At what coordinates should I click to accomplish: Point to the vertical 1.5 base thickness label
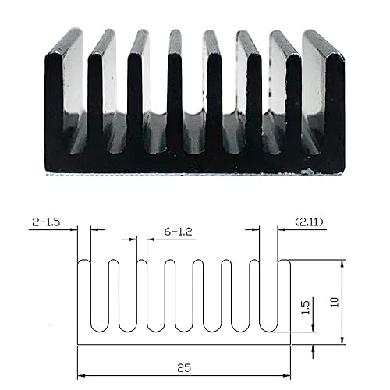point(305,308)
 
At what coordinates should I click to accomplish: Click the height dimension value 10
point(335,301)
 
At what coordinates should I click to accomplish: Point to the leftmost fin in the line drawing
point(83,296)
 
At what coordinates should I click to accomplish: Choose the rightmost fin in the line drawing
point(285,296)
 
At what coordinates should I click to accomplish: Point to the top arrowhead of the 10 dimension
point(342,264)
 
